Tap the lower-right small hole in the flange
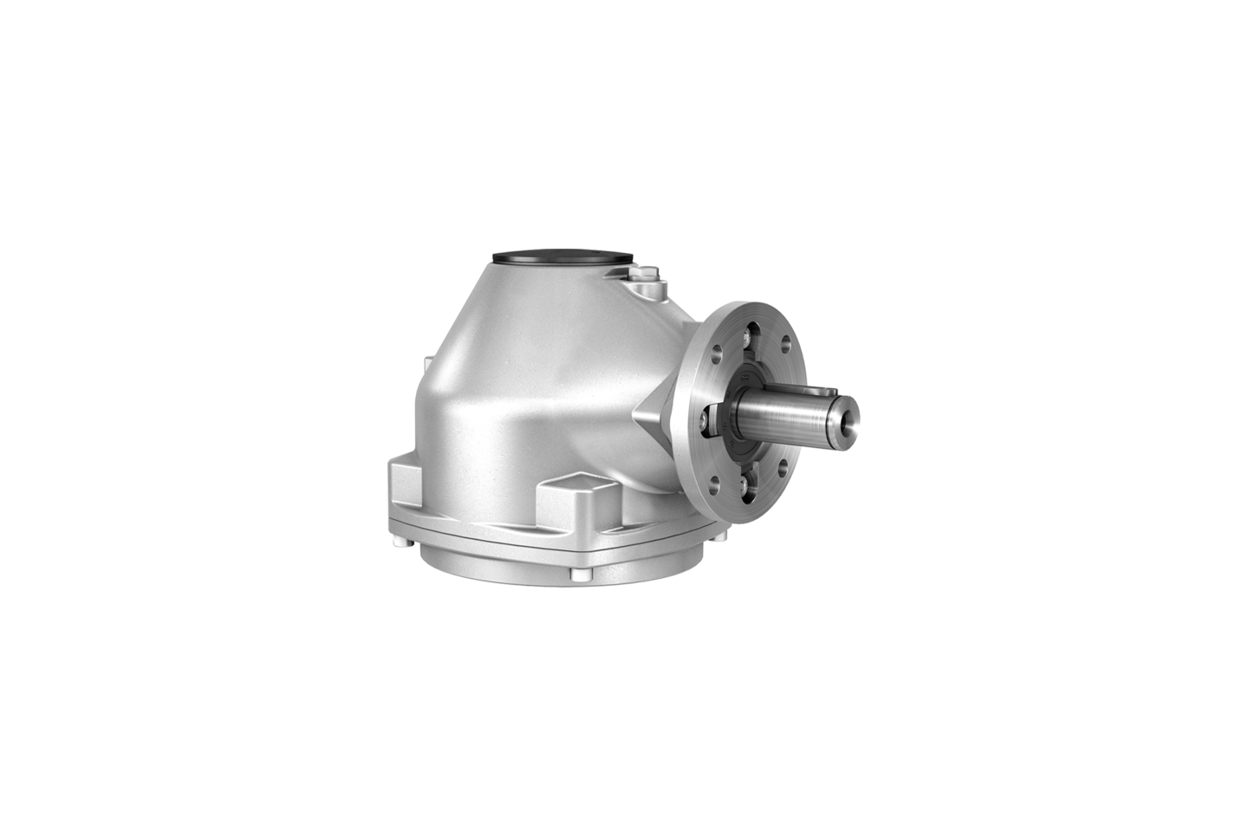783,469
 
